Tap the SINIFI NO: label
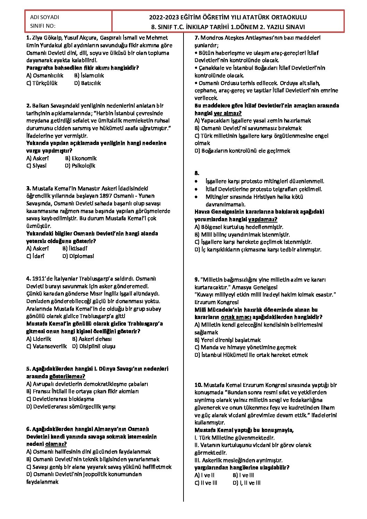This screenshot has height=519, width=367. tap(43, 26)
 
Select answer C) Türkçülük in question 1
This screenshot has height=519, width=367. tap(42, 83)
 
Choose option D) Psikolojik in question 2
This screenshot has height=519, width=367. tap(80, 166)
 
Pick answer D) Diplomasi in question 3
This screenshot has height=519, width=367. tap(78, 257)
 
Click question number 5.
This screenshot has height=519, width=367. tap(28, 369)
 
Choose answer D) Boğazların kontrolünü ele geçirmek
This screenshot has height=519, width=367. tap(242, 151)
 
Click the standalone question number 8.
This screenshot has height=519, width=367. tap(197, 173)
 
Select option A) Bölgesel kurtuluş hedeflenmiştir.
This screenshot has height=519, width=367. tap(239, 227)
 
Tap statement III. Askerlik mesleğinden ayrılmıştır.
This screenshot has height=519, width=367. tap(239, 460)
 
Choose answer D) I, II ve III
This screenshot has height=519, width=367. tap(247, 483)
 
